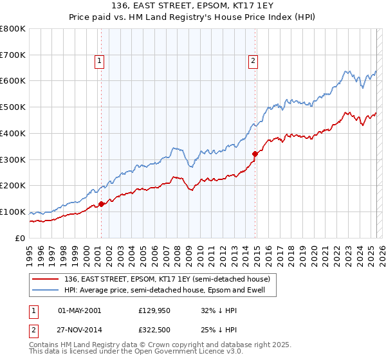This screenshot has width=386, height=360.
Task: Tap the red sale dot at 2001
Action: pyautogui.click(x=101, y=204)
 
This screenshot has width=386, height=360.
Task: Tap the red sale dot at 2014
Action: pyautogui.click(x=255, y=154)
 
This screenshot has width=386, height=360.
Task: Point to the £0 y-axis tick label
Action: pyautogui.click(x=19, y=238)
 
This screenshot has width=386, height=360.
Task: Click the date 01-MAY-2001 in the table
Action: pyautogui.click(x=79, y=310)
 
